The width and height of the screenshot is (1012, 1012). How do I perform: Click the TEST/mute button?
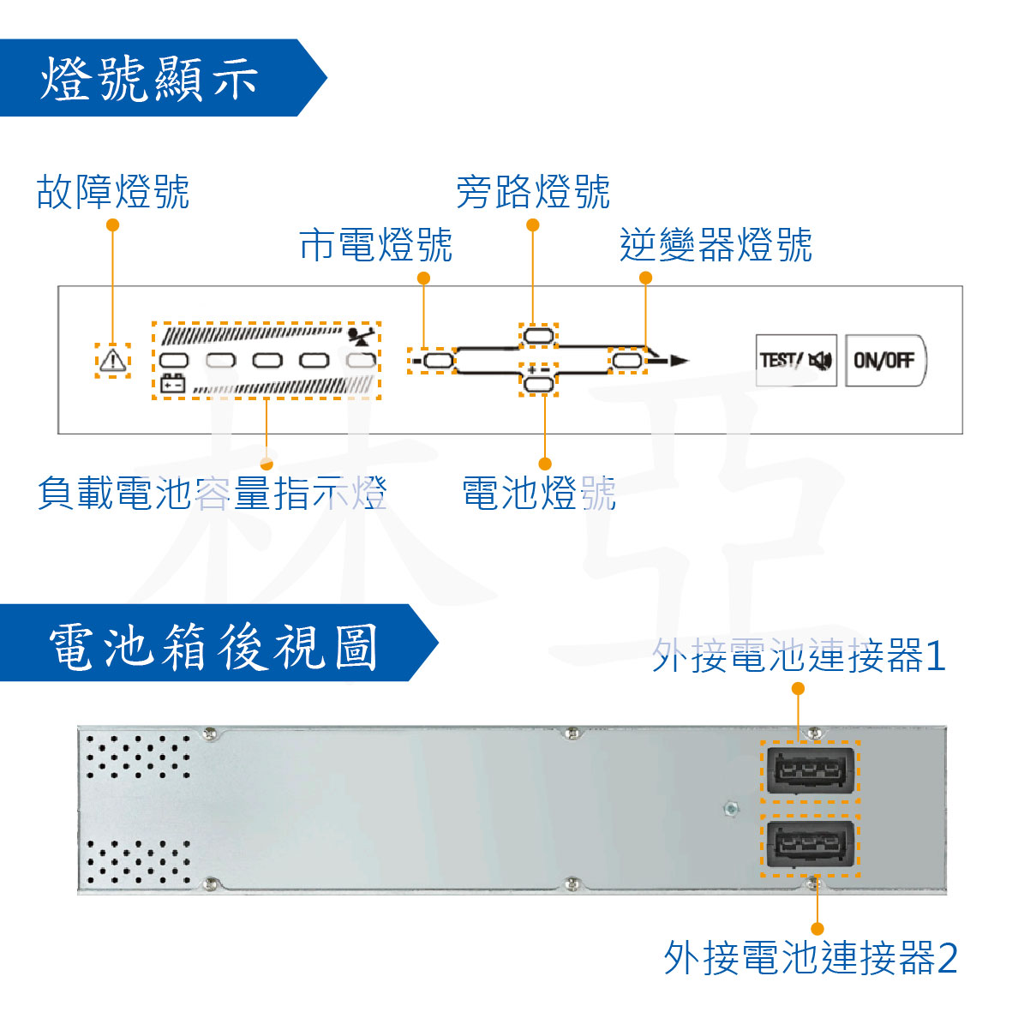pos(795,360)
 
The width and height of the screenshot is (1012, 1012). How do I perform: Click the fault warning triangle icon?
pos(112,360)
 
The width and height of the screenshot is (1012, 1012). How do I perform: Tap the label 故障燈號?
pos(113,192)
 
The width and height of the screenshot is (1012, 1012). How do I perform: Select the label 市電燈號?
pos(376,245)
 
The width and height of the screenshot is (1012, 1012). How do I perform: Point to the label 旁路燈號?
pos(533,192)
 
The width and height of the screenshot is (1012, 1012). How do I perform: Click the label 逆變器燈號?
pos(716,245)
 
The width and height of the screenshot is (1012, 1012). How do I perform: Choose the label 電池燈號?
pos(539,494)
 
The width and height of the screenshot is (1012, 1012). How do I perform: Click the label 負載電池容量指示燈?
pos(213,494)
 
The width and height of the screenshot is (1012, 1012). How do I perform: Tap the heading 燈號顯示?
pos(150,79)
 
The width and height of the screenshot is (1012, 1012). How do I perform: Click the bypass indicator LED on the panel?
pos(538,334)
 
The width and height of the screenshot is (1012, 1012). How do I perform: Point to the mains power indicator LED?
pos(438,361)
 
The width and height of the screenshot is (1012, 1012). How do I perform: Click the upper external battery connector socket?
pos(810,770)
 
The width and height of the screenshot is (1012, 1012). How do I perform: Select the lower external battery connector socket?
pos(810,845)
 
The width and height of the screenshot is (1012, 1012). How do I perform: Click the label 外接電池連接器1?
pos(799,656)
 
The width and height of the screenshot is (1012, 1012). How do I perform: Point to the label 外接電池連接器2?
pos(811,957)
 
